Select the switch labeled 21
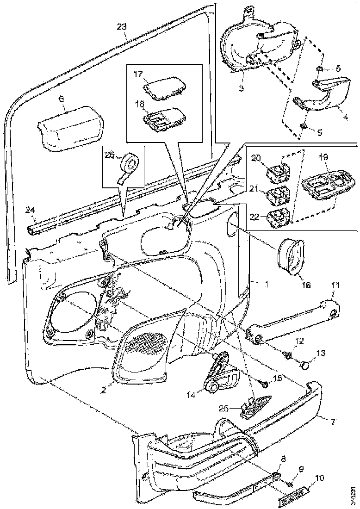[x=277, y=197]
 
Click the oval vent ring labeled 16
[x=291, y=257]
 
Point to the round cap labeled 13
[x=305, y=366]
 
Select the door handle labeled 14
[x=222, y=375]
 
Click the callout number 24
[x=30, y=211]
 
